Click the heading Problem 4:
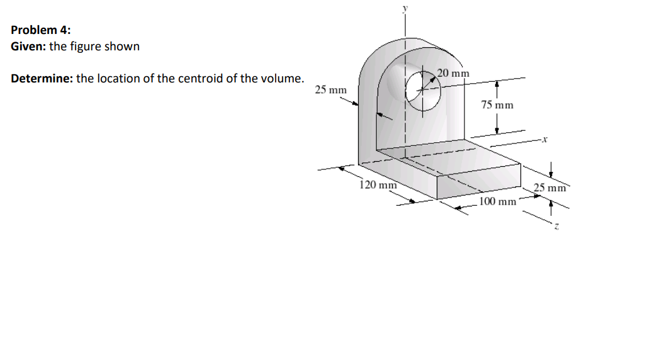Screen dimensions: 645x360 pyautogui.click(x=41, y=30)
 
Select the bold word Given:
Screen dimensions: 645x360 pyautogui.click(x=28, y=47)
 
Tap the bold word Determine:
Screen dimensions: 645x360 pyautogui.click(x=42, y=79)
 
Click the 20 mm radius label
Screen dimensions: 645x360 pyautogui.click(x=453, y=73)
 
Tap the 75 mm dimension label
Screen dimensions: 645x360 pyautogui.click(x=497, y=104)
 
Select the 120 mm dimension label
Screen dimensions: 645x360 pyautogui.click(x=378, y=185)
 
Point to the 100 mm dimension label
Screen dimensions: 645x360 pyautogui.click(x=498, y=201)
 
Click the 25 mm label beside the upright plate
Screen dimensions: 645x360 pyautogui.click(x=330, y=90)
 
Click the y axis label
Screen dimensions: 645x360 pyautogui.click(x=405, y=8)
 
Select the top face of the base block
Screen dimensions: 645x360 pyautogui.click(x=453, y=160)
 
